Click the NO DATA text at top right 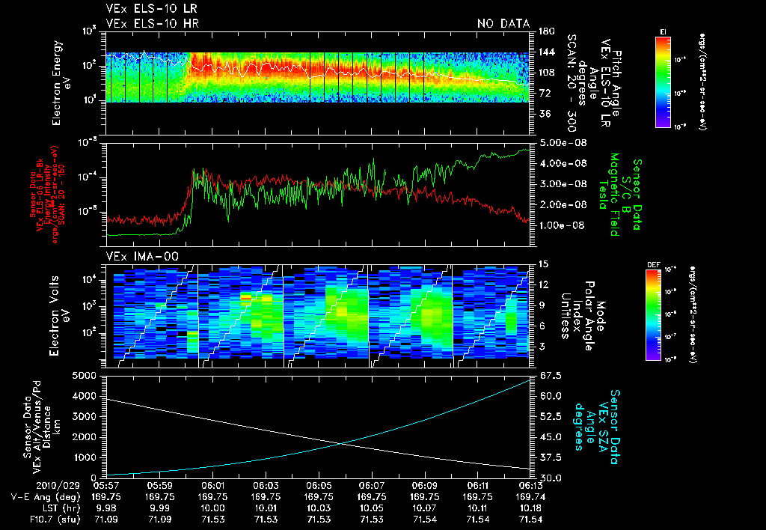pos(503,23)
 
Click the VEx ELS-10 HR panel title pos(152,23)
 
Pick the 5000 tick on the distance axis pos(88,375)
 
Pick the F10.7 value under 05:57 pos(107,517)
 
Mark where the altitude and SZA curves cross pos(342,444)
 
